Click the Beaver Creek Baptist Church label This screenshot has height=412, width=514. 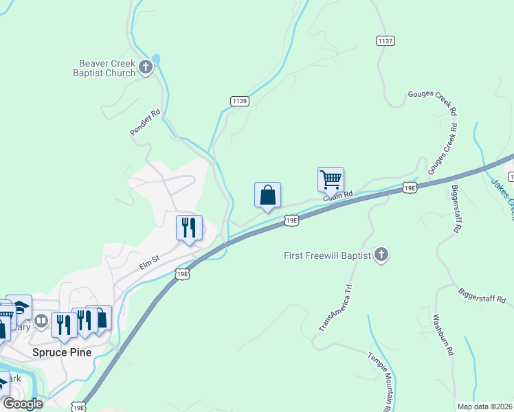pos(107,67)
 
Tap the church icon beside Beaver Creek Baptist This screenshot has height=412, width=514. pos(145,67)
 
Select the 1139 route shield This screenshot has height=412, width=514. pos(239,101)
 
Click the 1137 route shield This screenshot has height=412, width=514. pos(385,41)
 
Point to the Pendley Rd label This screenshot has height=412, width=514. pos(146,121)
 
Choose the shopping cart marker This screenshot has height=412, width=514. pos(331,180)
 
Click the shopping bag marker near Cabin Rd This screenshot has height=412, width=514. pos(267,194)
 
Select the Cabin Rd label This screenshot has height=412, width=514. pos(338,196)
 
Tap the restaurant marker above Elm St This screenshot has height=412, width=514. pos(188,227)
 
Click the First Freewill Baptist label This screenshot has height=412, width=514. pos(328,255)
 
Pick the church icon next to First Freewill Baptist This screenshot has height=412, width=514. pos(382,255)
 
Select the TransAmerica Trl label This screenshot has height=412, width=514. pos(335,310)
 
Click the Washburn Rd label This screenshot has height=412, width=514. pos(443,334)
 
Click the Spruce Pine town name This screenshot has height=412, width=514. pos(62,352)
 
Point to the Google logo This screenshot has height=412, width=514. pos(23,404)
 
